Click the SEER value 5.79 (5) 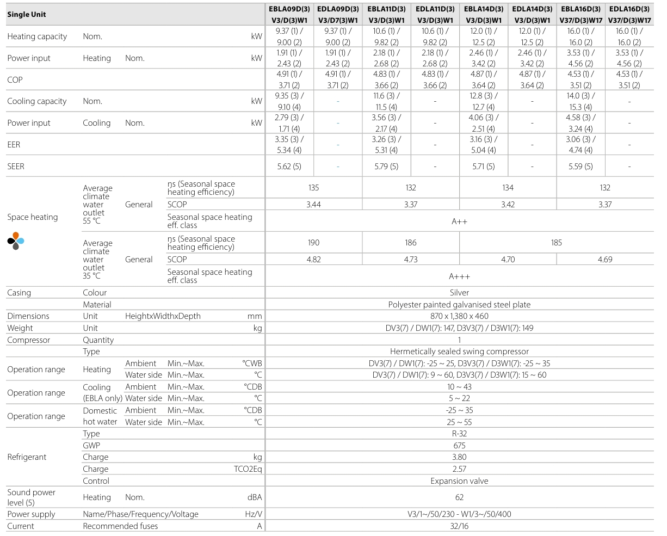tap(386, 167)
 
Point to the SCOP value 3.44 tap(313, 205)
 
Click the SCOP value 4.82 tap(313, 260)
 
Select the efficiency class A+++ tap(459, 276)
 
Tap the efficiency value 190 tap(313, 243)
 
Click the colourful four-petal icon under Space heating tap(16, 241)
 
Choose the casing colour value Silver tap(459, 293)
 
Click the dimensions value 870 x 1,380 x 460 tap(459, 316)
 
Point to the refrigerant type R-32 tap(459, 434)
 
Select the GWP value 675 tap(459, 446)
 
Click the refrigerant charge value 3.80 tap(459, 457)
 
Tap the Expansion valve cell tap(459, 481)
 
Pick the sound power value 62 tap(459, 497)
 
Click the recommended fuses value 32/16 tap(459, 526)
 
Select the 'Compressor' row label tap(28, 340)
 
